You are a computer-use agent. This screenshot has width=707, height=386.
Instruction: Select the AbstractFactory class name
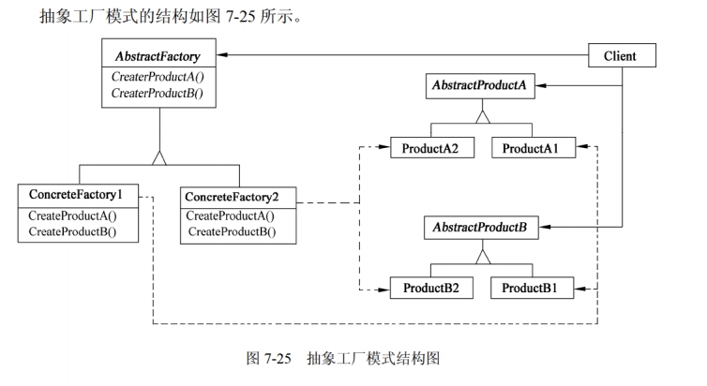(158, 56)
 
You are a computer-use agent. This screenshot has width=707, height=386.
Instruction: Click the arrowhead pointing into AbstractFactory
(222, 55)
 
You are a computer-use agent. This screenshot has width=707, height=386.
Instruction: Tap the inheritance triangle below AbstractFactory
(158, 156)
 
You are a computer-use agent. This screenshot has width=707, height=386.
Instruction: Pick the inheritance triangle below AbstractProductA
(482, 117)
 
